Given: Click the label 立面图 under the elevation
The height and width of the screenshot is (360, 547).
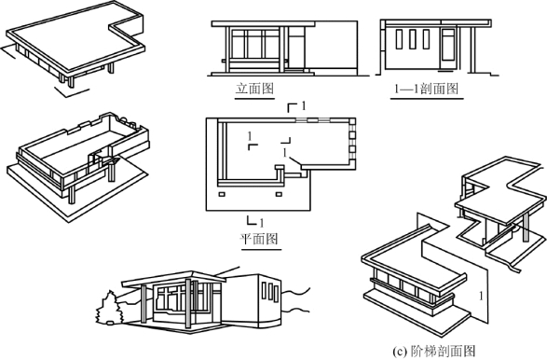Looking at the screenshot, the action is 254,89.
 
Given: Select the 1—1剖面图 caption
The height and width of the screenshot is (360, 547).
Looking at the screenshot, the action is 426,89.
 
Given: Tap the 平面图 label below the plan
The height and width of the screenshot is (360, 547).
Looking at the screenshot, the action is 259,239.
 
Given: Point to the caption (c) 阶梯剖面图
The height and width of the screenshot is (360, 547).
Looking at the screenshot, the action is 433,351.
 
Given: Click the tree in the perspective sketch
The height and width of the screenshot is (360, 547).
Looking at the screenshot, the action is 109,309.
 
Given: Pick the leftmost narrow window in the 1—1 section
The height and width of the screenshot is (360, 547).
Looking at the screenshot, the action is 399,39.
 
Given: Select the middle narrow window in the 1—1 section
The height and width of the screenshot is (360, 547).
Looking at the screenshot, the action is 413,39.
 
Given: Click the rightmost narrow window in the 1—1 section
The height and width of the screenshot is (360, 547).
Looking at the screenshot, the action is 426,39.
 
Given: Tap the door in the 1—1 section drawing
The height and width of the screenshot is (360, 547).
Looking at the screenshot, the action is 448,48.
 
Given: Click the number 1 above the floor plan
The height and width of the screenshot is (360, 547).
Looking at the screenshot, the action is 304,105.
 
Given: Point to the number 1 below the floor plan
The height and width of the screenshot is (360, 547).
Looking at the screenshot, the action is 262,222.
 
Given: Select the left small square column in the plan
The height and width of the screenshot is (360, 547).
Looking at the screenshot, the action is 222,194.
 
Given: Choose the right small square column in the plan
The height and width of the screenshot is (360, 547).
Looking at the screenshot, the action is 279,194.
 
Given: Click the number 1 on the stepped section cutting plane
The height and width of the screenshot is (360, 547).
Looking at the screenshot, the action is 481,296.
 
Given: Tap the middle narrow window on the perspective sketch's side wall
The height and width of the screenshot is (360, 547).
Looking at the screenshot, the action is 270,292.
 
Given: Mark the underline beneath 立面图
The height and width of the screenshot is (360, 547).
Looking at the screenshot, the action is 254,99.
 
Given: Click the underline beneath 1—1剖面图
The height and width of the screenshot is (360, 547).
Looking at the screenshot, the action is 427,99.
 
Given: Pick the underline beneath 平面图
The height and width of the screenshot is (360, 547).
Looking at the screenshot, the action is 261,249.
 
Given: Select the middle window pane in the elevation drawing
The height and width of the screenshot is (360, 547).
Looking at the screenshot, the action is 254,45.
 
